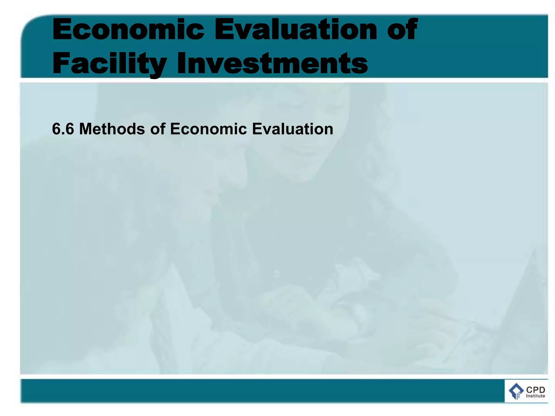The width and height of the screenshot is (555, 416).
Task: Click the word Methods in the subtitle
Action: pyautogui.click(x=112, y=129)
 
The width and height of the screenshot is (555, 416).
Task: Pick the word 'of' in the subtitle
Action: pyautogui.click(x=157, y=129)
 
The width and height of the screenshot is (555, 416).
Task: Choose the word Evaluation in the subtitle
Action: pyautogui.click(x=293, y=129)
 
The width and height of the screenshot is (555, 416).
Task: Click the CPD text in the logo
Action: pyautogui.click(x=535, y=390)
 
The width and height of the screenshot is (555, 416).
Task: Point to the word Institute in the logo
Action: pyautogui.click(x=535, y=396)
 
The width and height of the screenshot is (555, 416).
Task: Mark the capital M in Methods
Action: pyautogui.click(x=86, y=129)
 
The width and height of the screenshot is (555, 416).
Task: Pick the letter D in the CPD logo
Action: pyautogui.click(x=541, y=390)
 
